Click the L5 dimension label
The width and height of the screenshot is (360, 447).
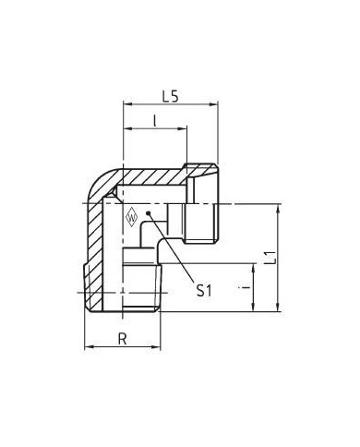170,97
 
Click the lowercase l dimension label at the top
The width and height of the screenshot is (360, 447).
155,121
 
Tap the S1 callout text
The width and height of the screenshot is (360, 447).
204,290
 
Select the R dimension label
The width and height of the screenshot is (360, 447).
123,339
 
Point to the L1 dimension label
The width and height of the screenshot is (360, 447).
270,258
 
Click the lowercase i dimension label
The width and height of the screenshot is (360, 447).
245,287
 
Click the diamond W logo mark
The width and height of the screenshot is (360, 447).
131,217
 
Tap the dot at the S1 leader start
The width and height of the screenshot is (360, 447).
149,212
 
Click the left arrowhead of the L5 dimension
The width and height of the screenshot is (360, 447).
127,104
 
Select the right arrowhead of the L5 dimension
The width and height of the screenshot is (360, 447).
214,104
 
